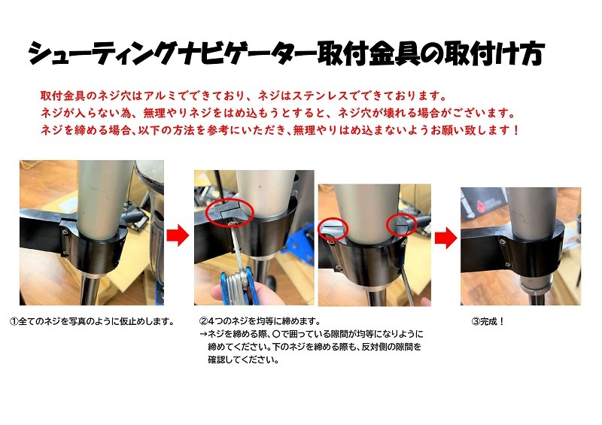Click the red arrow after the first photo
[x=178, y=235]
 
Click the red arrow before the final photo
[x=445, y=238]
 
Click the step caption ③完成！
[x=488, y=321]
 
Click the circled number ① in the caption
[x=14, y=321]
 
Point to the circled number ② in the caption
[x=203, y=321]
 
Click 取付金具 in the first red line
[x=63, y=96]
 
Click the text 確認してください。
[x=243, y=360]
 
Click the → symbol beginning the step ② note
[x=203, y=334]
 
